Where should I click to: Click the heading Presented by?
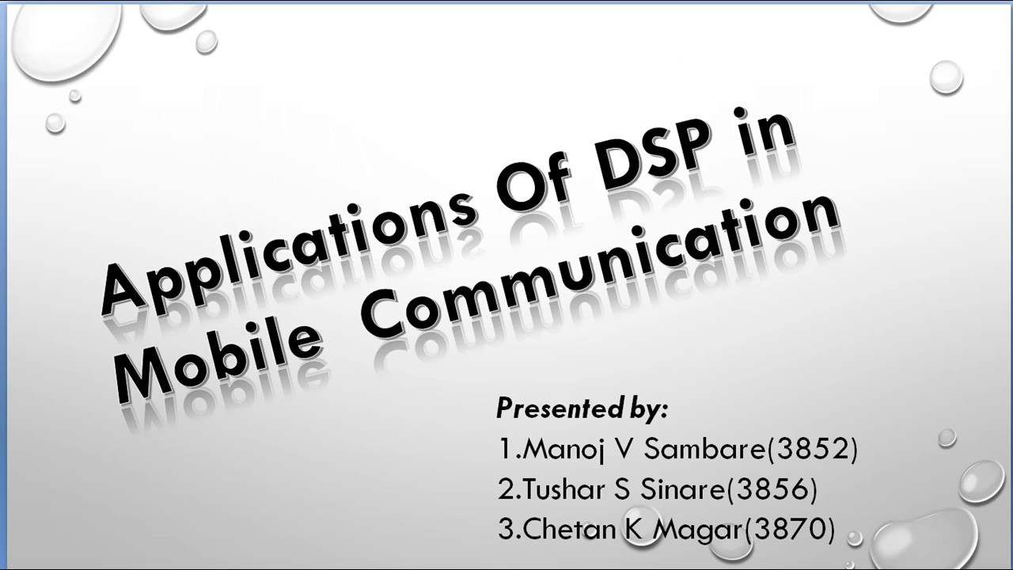pos(582,408)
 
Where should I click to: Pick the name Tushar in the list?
pos(562,490)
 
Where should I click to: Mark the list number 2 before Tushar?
pos(506,490)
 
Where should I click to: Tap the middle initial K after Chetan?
pos(634,529)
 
